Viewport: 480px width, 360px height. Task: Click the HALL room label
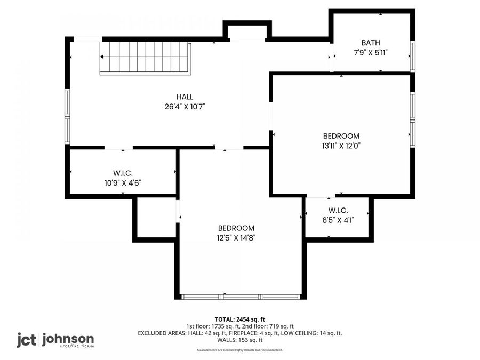point(185,97)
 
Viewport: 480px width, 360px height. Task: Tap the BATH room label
point(371,43)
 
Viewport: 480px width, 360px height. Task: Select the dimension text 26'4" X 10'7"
point(185,107)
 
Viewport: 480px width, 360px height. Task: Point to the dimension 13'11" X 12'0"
point(341,146)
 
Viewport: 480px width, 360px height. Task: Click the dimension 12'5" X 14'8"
point(236,238)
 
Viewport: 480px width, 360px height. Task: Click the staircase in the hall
point(146,58)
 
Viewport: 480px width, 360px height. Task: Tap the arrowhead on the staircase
point(102,57)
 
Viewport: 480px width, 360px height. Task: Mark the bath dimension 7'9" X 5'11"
point(371,53)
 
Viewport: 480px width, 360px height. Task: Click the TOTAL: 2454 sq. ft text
point(239,320)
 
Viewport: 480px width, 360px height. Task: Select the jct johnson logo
point(55,340)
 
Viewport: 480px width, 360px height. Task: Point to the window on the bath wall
point(412,56)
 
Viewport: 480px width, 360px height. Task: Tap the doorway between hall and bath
point(332,57)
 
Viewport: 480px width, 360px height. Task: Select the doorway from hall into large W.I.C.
point(118,148)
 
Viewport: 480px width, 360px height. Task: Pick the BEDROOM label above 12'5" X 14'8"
point(236,228)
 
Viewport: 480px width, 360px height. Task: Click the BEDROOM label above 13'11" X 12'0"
point(341,136)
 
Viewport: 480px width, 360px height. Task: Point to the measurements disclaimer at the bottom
point(239,350)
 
